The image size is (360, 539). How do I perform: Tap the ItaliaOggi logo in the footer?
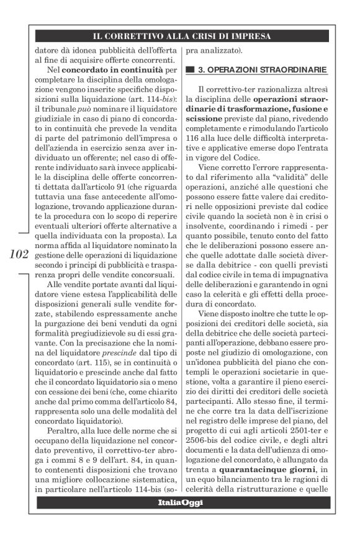click(x=180, y=501)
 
